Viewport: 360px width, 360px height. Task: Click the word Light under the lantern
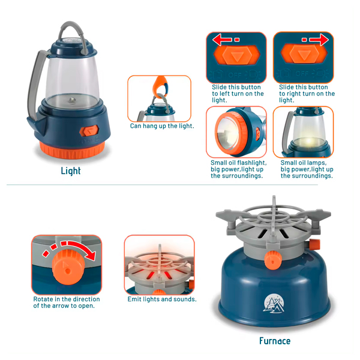[71, 171]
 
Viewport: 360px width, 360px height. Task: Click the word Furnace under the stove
[275, 341]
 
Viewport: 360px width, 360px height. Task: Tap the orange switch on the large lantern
[89, 131]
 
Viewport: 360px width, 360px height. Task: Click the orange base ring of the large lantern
[72, 151]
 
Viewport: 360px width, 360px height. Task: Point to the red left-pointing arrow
[222, 40]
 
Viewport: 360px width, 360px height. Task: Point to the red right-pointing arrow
[319, 40]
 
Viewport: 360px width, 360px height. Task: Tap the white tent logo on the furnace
[274, 303]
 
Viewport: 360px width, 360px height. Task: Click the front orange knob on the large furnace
[273, 260]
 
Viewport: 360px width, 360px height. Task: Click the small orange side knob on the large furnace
[314, 244]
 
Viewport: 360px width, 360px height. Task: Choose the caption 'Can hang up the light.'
[162, 126]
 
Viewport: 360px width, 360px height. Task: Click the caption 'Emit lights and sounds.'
[162, 299]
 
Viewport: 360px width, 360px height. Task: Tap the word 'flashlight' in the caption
[252, 163]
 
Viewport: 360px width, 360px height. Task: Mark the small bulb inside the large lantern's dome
[72, 100]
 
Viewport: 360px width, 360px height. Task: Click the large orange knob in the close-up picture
[68, 267]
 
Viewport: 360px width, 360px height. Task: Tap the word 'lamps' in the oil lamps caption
[317, 163]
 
